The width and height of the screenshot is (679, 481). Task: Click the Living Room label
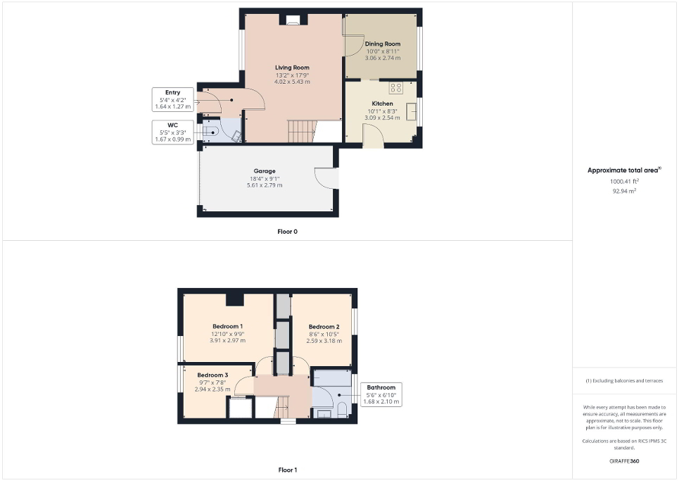292,68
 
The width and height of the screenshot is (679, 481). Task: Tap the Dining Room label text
383,44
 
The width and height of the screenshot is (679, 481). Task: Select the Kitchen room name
382,104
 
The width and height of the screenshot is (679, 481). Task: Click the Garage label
264,171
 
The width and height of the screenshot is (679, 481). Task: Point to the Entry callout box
172,99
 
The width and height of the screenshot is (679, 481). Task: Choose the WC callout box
172,132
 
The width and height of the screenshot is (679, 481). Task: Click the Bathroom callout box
381,394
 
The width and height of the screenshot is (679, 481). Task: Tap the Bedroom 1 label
227,326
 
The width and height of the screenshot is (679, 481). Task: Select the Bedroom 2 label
324,327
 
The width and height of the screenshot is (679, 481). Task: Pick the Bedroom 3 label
212,375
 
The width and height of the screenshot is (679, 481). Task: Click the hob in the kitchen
395,88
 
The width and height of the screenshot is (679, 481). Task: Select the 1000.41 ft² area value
624,181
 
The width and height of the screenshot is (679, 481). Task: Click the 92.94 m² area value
624,190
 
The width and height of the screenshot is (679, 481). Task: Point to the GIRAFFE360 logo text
625,461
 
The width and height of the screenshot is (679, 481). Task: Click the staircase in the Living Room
300,130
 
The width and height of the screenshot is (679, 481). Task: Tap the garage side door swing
325,178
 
